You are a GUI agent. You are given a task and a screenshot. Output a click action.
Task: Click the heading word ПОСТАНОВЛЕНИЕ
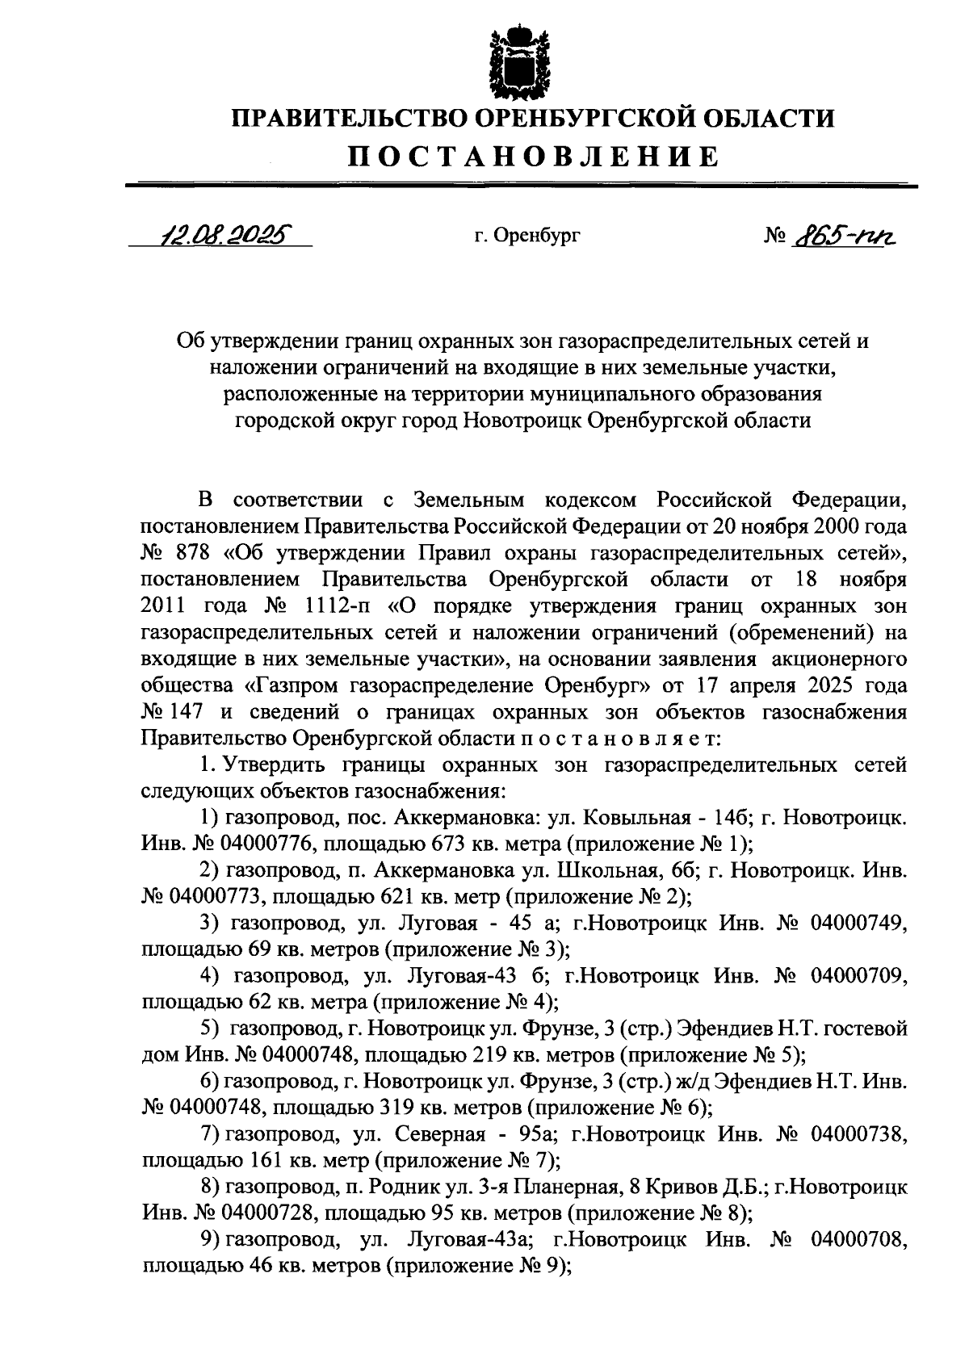[x=533, y=155]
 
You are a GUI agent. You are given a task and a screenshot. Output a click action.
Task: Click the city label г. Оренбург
[x=526, y=236]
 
